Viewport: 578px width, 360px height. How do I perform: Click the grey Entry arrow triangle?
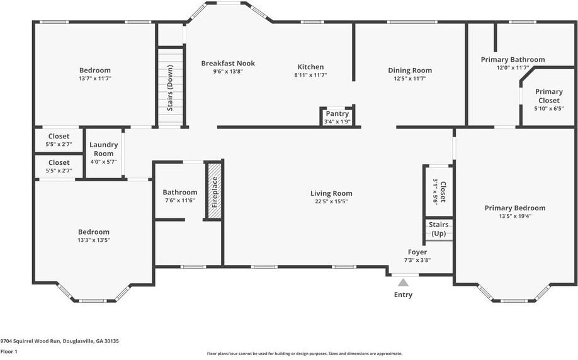click(403, 283)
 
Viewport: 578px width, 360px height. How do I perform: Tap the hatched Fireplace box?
click(215, 191)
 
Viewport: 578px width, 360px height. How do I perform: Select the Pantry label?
click(337, 114)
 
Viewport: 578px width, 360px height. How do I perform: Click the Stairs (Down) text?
click(170, 88)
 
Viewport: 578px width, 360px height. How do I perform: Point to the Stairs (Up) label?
click(439, 229)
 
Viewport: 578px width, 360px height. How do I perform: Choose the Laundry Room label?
click(104, 149)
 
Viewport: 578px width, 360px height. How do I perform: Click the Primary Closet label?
click(549, 96)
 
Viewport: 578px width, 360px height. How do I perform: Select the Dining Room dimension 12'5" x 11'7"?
click(409, 79)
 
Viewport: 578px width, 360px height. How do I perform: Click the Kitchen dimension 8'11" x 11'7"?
click(311, 75)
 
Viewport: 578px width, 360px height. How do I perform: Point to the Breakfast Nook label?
click(228, 64)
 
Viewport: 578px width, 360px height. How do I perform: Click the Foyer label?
click(417, 252)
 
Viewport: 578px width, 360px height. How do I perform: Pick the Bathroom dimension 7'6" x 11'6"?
click(179, 200)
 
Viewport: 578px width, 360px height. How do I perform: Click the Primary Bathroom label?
click(513, 60)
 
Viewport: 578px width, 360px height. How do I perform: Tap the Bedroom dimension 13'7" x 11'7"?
click(95, 79)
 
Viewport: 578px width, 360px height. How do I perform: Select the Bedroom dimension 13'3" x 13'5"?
click(94, 240)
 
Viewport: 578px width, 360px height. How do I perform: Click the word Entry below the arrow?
click(403, 295)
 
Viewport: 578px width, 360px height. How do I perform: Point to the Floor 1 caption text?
click(9, 352)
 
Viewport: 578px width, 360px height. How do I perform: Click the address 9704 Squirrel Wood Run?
click(31, 341)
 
